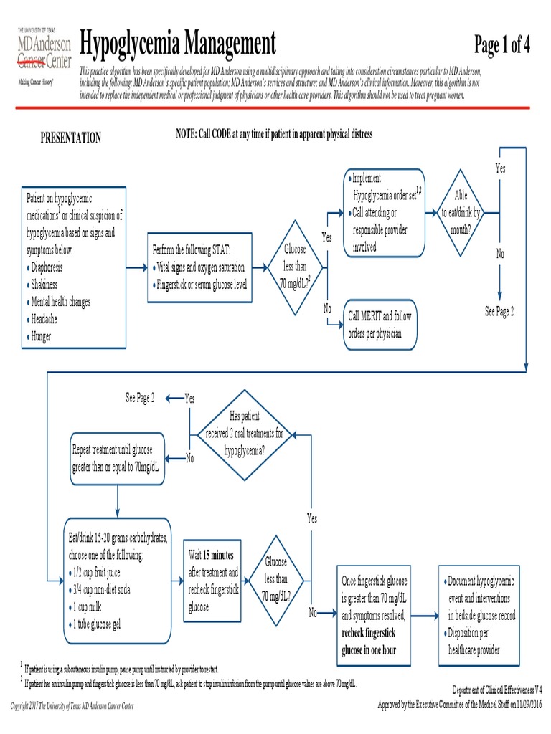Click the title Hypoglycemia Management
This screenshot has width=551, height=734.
[x=177, y=44]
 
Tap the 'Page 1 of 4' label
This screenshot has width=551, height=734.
[x=501, y=45]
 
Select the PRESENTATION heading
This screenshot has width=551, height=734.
[x=70, y=138]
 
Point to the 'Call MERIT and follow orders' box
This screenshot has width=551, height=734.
[x=380, y=324]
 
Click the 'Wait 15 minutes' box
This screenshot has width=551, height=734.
[x=215, y=581]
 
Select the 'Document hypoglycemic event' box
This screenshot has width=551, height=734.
[x=481, y=614]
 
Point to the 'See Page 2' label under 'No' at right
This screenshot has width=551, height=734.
[x=499, y=312]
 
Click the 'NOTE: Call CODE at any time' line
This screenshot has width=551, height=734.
[x=274, y=135]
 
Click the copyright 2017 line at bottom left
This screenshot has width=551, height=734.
[x=72, y=706]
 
